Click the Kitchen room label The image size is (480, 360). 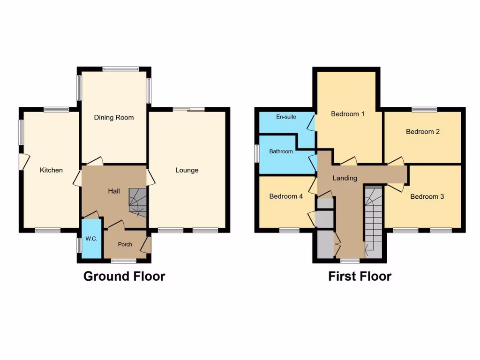51,170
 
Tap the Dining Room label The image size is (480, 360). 114,117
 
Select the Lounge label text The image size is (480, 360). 187,170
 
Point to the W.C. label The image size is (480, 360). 91,239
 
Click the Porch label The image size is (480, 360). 125,244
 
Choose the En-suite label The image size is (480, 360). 286,117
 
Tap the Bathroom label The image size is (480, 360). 281,151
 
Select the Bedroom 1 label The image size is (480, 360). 348,114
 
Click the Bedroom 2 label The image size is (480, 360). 423,132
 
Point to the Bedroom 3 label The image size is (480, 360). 427,196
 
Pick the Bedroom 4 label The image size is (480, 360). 286,196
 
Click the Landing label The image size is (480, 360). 345,178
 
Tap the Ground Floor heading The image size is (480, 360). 124,276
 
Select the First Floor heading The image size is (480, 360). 360,276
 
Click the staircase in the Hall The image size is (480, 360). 138,202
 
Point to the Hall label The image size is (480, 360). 114,191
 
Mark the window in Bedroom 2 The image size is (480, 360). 425,110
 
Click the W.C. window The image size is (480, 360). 79,245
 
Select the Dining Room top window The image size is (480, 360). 121,69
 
